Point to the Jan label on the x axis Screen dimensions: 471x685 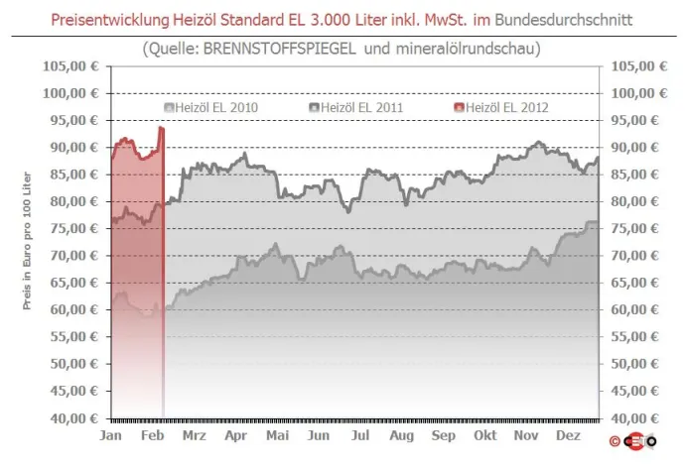coord(111,435)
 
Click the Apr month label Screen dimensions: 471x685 coord(236,435)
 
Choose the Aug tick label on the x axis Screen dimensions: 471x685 coord(401,435)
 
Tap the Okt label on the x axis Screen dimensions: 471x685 coord(485,435)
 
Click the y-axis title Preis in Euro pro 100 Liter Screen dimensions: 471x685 coord(30,242)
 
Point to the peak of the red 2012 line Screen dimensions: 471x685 coord(160,128)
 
